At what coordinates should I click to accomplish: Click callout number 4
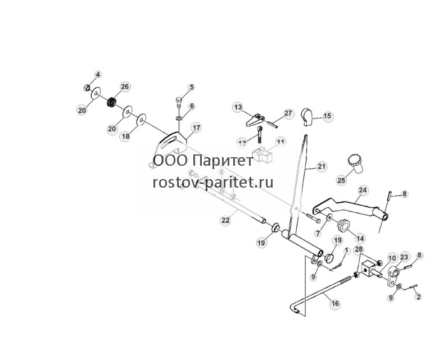[98, 75]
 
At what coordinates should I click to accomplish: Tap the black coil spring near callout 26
[112, 102]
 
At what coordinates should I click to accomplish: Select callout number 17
[197, 128]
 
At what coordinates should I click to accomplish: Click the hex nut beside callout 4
[87, 88]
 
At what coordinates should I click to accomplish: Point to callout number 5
[192, 87]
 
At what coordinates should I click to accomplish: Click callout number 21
[322, 167]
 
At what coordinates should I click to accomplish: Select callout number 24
[363, 190]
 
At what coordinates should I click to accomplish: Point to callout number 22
[225, 220]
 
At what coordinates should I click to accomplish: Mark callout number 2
[419, 296]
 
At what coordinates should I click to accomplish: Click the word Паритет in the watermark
[223, 161]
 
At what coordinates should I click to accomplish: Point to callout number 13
[238, 107]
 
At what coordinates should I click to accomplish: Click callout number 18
[126, 136]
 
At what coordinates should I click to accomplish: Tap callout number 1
[347, 250]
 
